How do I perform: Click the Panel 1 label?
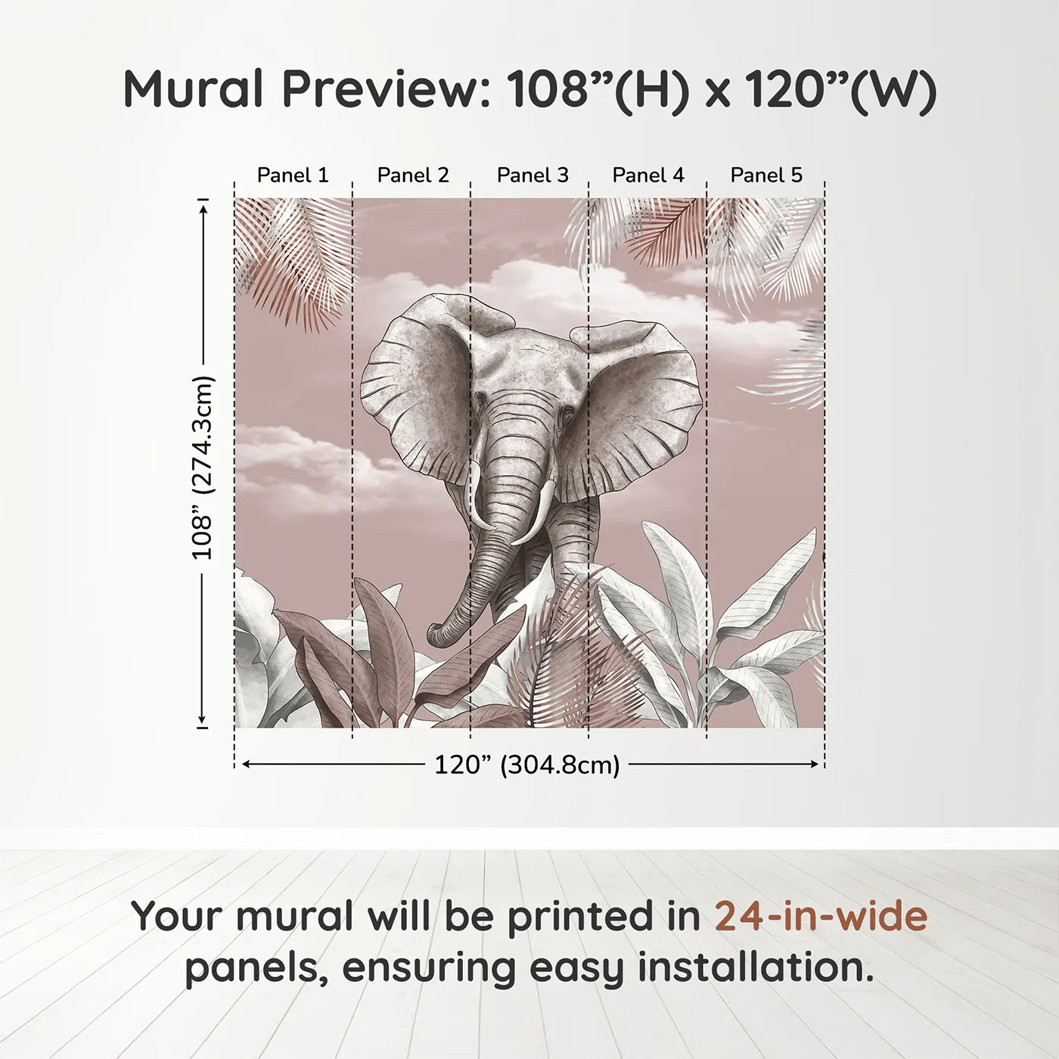(x=293, y=175)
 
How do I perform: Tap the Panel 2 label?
(x=412, y=175)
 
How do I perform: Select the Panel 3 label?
(x=532, y=175)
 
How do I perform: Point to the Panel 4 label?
(x=648, y=175)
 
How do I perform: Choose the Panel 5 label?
(x=766, y=175)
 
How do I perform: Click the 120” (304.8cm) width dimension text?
(x=526, y=765)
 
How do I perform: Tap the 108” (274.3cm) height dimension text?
(x=203, y=467)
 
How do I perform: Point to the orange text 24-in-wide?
(x=821, y=916)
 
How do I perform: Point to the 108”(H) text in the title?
(x=598, y=89)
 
